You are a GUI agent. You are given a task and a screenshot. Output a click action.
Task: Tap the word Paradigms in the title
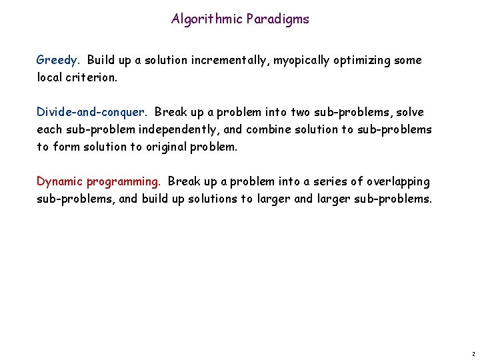click(x=278, y=19)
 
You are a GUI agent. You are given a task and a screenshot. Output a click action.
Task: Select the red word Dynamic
click(x=58, y=181)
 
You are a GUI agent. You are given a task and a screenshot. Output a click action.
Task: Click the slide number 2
click(x=472, y=353)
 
